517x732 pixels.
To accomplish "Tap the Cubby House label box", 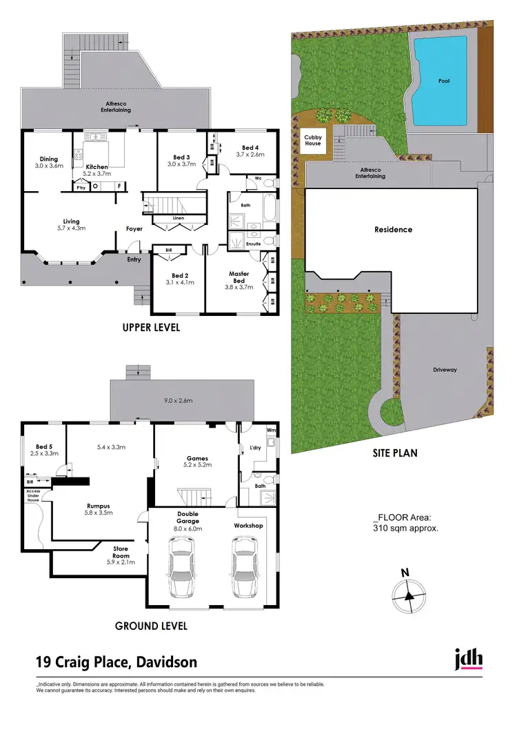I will tap(313, 141).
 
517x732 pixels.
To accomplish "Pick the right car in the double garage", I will tap(245, 567).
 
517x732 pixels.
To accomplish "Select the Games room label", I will tap(197, 458).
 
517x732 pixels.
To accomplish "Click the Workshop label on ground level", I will tap(249, 526).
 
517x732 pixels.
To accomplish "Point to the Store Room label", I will tap(121, 553).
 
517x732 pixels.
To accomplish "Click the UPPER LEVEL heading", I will tap(151, 328).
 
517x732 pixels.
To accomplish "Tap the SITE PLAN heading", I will tap(389, 453).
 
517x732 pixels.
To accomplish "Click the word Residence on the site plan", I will tap(393, 230).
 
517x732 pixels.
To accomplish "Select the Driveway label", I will tap(445, 370).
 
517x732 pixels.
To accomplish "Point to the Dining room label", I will tap(49, 159).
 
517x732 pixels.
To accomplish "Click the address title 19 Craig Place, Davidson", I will tap(116, 662).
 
